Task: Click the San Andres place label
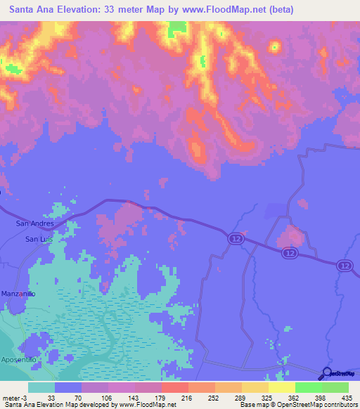[x=34, y=223]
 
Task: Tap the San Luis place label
[x=39, y=239]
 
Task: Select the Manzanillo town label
[x=18, y=292]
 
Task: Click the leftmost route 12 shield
[x=234, y=239]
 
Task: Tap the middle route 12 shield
[x=288, y=252]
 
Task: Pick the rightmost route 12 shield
[x=343, y=265]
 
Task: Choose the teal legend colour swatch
[x=41, y=387]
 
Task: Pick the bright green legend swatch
[x=309, y=387]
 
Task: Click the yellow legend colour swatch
[x=282, y=387]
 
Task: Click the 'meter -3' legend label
[x=15, y=397]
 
